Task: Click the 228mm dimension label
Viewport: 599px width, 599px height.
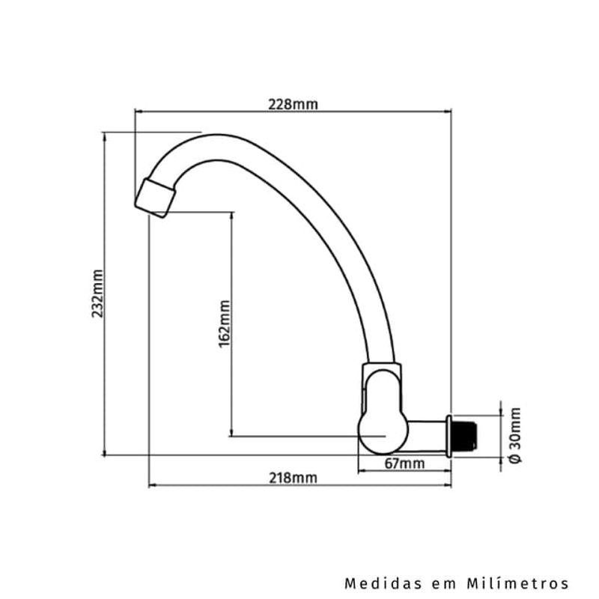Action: click(293, 104)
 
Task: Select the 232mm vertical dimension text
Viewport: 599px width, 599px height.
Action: click(97, 294)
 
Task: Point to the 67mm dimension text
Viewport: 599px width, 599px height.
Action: click(404, 463)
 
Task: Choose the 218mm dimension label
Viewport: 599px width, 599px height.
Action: click(293, 478)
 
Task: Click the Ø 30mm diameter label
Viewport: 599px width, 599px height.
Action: click(514, 435)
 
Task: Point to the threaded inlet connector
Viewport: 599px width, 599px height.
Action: click(464, 435)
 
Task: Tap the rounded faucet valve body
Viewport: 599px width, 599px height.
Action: click(383, 431)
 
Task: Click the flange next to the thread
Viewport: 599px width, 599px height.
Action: click(449, 435)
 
